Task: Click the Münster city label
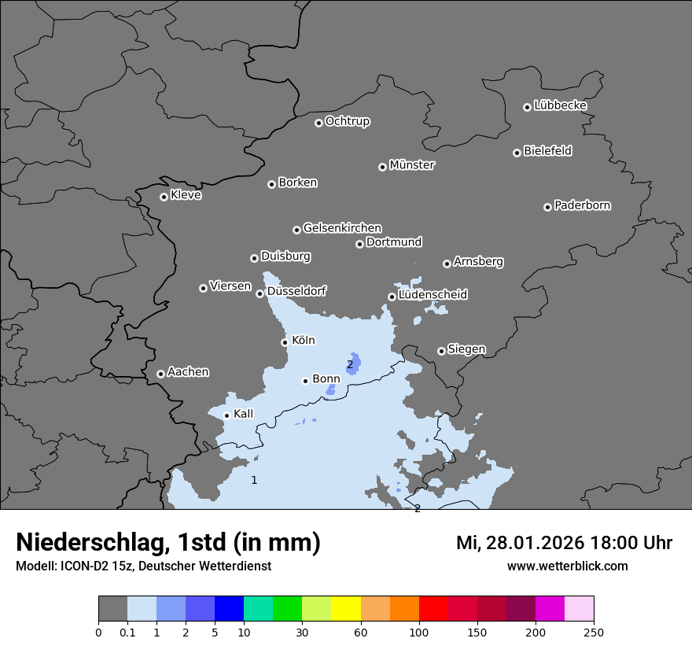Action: pos(412,165)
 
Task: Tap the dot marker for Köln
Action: pos(285,342)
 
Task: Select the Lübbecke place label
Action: pos(560,105)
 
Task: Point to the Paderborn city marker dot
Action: pos(547,207)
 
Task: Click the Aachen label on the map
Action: pos(188,372)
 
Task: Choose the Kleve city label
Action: pos(186,195)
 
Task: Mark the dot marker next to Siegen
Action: pos(441,351)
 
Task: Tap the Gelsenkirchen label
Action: pos(342,228)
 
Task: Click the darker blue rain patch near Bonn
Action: pos(355,363)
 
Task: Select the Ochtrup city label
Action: pos(348,121)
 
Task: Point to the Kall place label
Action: pos(244,414)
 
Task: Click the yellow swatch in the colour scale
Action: pos(346,609)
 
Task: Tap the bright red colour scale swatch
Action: pos(433,609)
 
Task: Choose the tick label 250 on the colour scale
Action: pos(594,632)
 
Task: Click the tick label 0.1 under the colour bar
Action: pos(127,632)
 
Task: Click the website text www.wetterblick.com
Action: pos(567,566)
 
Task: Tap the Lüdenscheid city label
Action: pos(432,295)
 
